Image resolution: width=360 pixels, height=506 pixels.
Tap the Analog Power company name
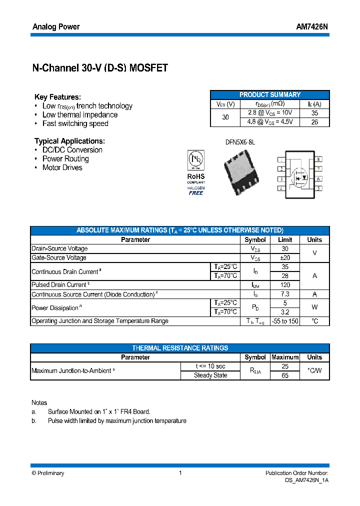coord(56,27)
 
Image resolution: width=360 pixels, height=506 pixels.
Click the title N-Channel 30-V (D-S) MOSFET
coord(100,68)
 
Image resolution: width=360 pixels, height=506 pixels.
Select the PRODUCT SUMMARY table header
coord(270,94)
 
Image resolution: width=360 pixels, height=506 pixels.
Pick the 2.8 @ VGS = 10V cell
coord(270,112)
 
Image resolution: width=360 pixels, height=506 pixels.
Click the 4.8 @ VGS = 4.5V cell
coord(270,121)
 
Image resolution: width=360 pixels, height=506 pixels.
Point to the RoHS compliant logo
coord(196,173)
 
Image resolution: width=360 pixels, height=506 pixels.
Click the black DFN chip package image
coord(240,173)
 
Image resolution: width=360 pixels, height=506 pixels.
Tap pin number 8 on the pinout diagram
coord(318,159)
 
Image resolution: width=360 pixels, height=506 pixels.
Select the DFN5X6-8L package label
coord(240,142)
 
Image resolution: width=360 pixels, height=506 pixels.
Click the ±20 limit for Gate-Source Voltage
coord(284,258)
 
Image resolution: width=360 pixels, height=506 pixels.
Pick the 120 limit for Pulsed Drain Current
coord(284,285)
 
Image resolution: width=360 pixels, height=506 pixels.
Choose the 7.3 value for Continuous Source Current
coord(284,294)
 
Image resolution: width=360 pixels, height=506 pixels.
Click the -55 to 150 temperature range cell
coord(284,321)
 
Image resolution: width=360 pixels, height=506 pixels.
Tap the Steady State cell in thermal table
coord(210,375)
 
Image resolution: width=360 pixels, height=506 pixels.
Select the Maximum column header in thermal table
coord(284,357)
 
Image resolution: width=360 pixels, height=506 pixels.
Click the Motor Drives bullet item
coord(62,168)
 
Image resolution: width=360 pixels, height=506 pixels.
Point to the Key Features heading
coord(57,97)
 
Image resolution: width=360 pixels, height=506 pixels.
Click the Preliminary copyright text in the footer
coord(48,473)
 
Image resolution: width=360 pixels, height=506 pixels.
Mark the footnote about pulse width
coord(117,421)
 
